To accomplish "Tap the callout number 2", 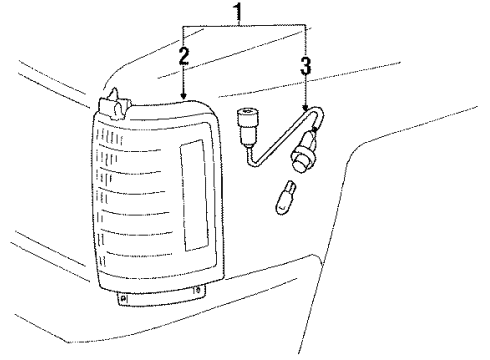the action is [184, 57].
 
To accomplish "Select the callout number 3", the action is [305, 67].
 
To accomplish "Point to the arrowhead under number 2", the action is [184, 95].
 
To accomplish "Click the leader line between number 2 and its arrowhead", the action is [184, 80].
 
